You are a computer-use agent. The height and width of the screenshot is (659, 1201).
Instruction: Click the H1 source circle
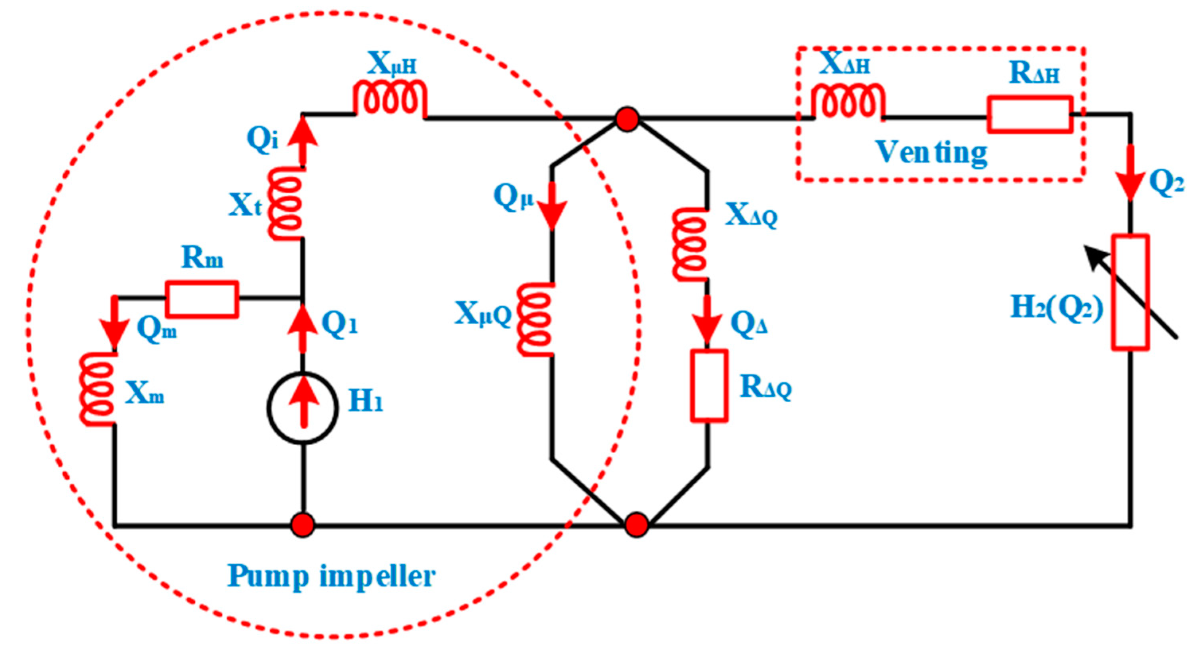click(303, 408)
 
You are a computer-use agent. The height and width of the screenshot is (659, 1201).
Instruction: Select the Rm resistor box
click(202, 300)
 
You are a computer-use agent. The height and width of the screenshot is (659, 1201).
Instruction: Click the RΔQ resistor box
click(709, 386)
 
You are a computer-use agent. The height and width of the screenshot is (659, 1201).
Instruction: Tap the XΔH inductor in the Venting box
click(848, 101)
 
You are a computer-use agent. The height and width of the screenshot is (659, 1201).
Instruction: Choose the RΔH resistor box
click(1029, 115)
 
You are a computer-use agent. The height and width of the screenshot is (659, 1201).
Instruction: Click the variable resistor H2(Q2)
click(1130, 292)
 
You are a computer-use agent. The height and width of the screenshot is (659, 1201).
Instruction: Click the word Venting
click(931, 152)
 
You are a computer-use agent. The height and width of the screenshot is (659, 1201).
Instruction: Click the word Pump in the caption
click(268, 577)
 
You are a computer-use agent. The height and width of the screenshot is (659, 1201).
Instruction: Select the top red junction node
click(627, 119)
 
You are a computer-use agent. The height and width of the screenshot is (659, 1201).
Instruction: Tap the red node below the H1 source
click(303, 525)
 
